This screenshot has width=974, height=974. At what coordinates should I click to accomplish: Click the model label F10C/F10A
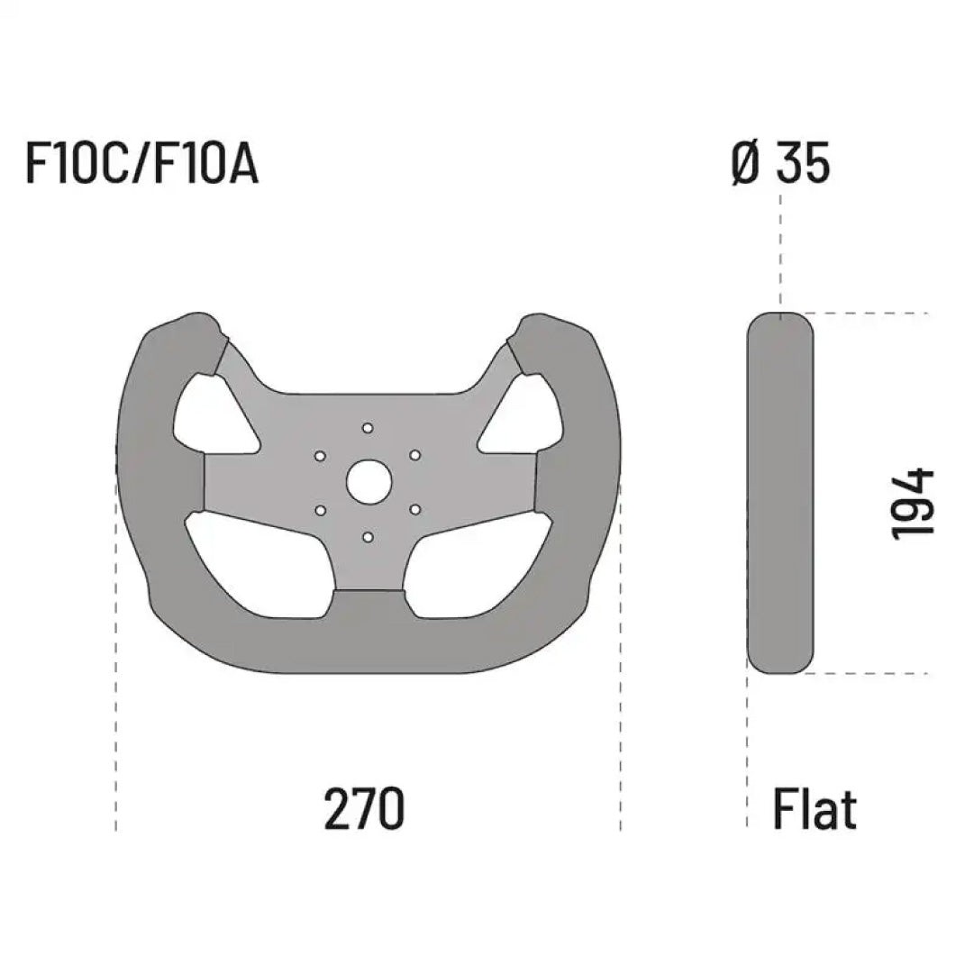point(142,165)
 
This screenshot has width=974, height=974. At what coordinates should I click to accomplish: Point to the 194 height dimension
point(912,504)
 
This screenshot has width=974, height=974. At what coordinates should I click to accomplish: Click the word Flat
point(815,808)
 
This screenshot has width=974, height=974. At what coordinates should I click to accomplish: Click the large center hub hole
point(368,482)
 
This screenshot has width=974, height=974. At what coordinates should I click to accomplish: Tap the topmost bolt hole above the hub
point(367,427)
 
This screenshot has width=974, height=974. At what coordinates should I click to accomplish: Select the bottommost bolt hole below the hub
point(367,538)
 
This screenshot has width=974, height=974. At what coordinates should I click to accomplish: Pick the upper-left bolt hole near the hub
point(320,456)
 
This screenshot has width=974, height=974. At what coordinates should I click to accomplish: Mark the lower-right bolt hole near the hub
point(414,510)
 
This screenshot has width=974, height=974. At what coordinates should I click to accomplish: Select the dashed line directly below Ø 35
point(780,252)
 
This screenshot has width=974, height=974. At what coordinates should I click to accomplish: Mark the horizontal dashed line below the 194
point(874,673)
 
